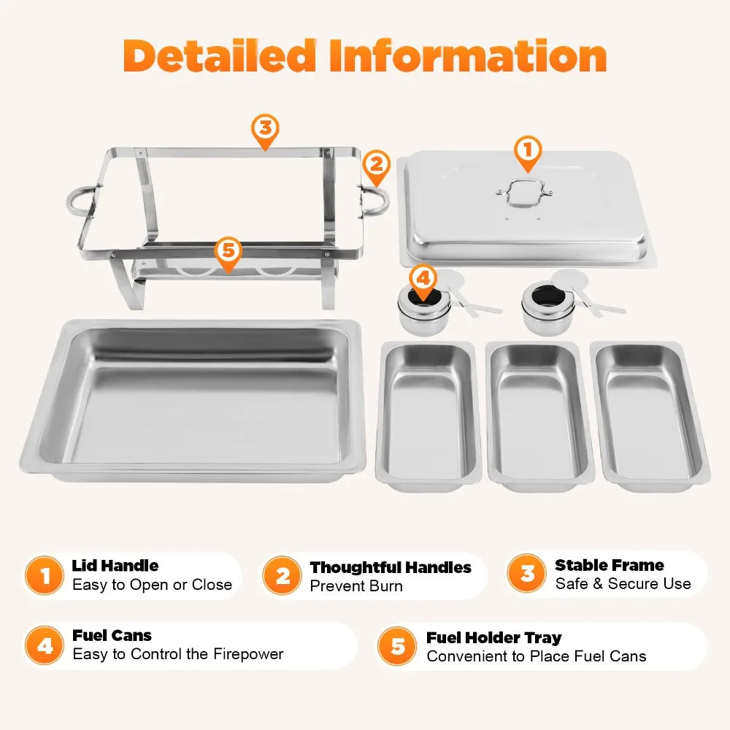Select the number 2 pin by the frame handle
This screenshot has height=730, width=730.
[376, 166]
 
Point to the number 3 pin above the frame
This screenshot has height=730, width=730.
[265, 129]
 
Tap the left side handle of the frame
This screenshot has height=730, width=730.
[82, 199]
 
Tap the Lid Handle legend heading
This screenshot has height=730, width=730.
[115, 566]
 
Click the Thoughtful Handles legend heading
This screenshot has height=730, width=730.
[391, 568]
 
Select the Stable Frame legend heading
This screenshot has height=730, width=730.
[610, 566]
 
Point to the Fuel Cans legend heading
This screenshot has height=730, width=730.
[112, 636]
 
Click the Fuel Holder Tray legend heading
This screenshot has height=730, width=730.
[494, 638]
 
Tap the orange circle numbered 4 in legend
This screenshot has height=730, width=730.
[45, 646]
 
